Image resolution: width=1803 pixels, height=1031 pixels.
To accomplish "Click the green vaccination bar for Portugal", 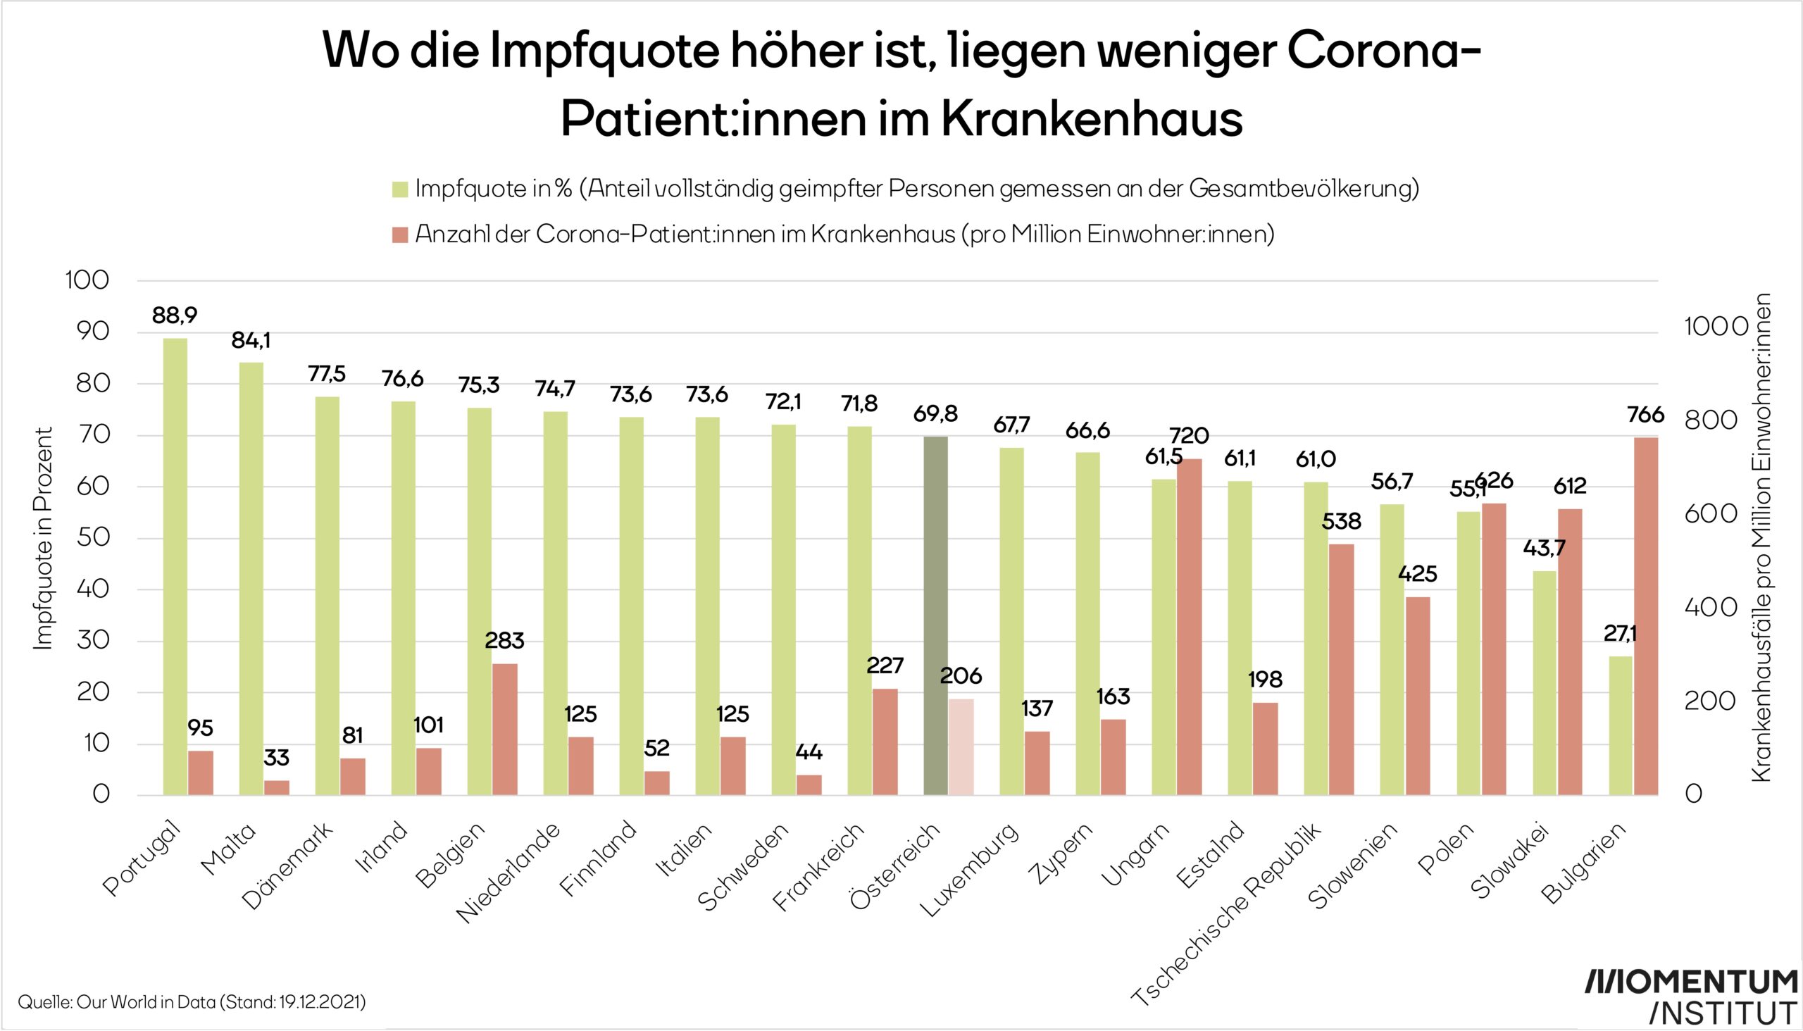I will pyautogui.click(x=175, y=566).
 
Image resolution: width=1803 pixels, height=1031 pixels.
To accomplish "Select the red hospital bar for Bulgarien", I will pyautogui.click(x=1647, y=616).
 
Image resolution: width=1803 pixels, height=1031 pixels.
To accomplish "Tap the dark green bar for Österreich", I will pyautogui.click(x=935, y=616).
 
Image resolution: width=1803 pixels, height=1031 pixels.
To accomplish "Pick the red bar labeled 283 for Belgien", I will pyautogui.click(x=505, y=729).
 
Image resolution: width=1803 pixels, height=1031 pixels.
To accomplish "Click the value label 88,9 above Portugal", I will pyautogui.click(x=175, y=315).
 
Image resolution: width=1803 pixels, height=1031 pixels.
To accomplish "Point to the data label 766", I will pyautogui.click(x=1646, y=415).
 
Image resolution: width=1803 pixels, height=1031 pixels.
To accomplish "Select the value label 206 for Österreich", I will pyautogui.click(x=961, y=676).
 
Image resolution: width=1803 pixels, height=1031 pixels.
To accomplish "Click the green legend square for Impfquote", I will pyautogui.click(x=400, y=189).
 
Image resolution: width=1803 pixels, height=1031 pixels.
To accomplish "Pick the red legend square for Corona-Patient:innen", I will pyautogui.click(x=400, y=235).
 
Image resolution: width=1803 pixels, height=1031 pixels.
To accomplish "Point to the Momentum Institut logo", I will pyautogui.click(x=1688, y=996).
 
